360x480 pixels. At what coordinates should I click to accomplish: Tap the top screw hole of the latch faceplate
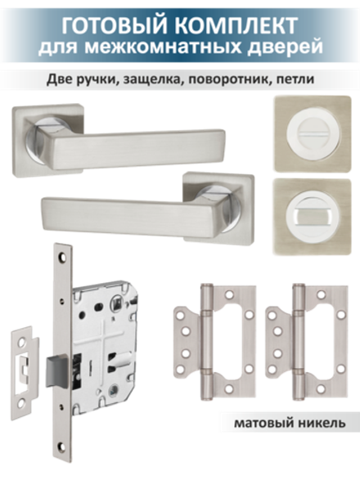point(62,257)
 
